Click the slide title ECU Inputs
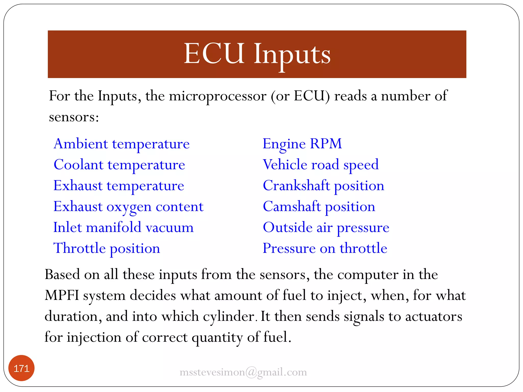pyautogui.click(x=257, y=54)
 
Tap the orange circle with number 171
pyautogui.click(x=21, y=368)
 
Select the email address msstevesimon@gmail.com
pyautogui.click(x=243, y=372)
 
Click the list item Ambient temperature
pyautogui.click(x=122, y=144)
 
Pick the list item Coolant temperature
pyautogui.click(x=119, y=165)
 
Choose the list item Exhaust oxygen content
pyautogui.click(x=128, y=206)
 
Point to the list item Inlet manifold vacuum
pyautogui.click(x=123, y=227)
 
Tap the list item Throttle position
pyautogui.click(x=106, y=248)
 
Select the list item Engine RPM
pyautogui.click(x=302, y=144)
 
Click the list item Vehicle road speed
pyautogui.click(x=320, y=165)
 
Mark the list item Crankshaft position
pyautogui.click(x=323, y=186)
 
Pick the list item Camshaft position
pyautogui.click(x=319, y=206)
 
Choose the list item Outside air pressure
pyautogui.click(x=326, y=227)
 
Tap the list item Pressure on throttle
pyautogui.click(x=325, y=248)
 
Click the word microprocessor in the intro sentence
pyautogui.click(x=218, y=96)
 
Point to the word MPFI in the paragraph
pyautogui.click(x=62, y=296)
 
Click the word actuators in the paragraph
pyautogui.click(x=433, y=316)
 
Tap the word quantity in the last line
pyautogui.click(x=217, y=337)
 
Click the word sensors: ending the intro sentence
pyautogui.click(x=74, y=117)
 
